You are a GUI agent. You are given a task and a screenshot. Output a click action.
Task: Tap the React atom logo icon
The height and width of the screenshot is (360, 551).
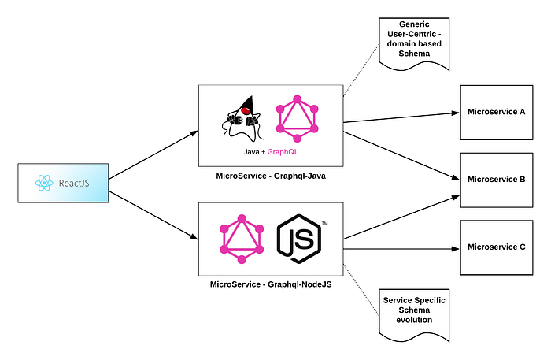[x=45, y=184]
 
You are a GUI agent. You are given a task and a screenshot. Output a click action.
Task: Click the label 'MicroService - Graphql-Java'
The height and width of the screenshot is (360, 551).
[x=270, y=176]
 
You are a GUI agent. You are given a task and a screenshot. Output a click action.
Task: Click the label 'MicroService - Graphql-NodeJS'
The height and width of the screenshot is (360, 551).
[x=271, y=283]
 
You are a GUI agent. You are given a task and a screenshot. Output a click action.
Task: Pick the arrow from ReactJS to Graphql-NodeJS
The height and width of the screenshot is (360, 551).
[x=153, y=214]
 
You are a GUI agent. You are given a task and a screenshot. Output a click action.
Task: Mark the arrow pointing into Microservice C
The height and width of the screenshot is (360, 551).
[x=401, y=248]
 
